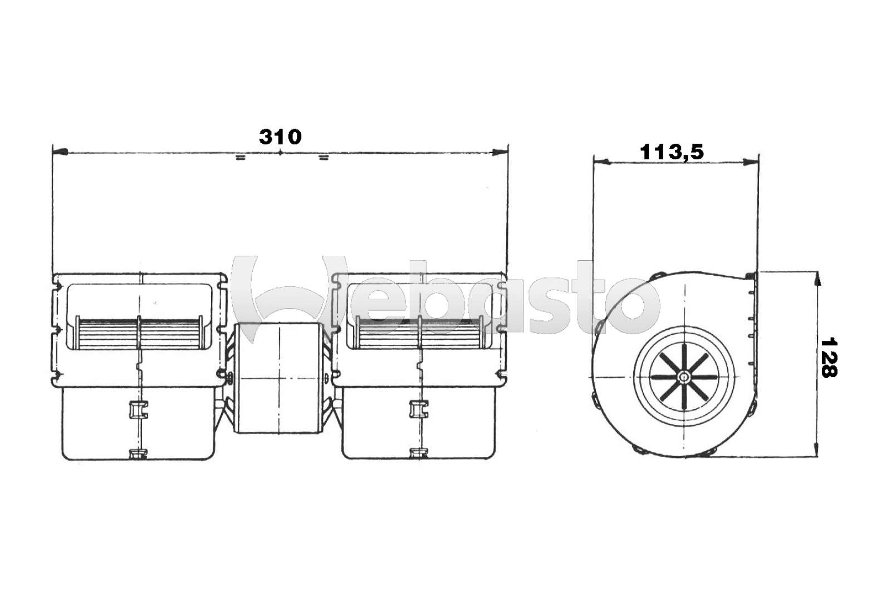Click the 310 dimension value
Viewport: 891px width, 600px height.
click(280, 137)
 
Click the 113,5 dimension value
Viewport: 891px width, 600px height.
click(672, 152)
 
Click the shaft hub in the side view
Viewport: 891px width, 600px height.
click(684, 377)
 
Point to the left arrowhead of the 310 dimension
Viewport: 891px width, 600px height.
click(60, 152)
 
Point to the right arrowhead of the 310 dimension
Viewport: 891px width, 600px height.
click(500, 152)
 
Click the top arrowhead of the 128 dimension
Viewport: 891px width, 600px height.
click(817, 279)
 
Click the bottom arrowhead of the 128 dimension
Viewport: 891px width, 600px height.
click(817, 449)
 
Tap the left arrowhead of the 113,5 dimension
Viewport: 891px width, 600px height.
click(601, 162)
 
